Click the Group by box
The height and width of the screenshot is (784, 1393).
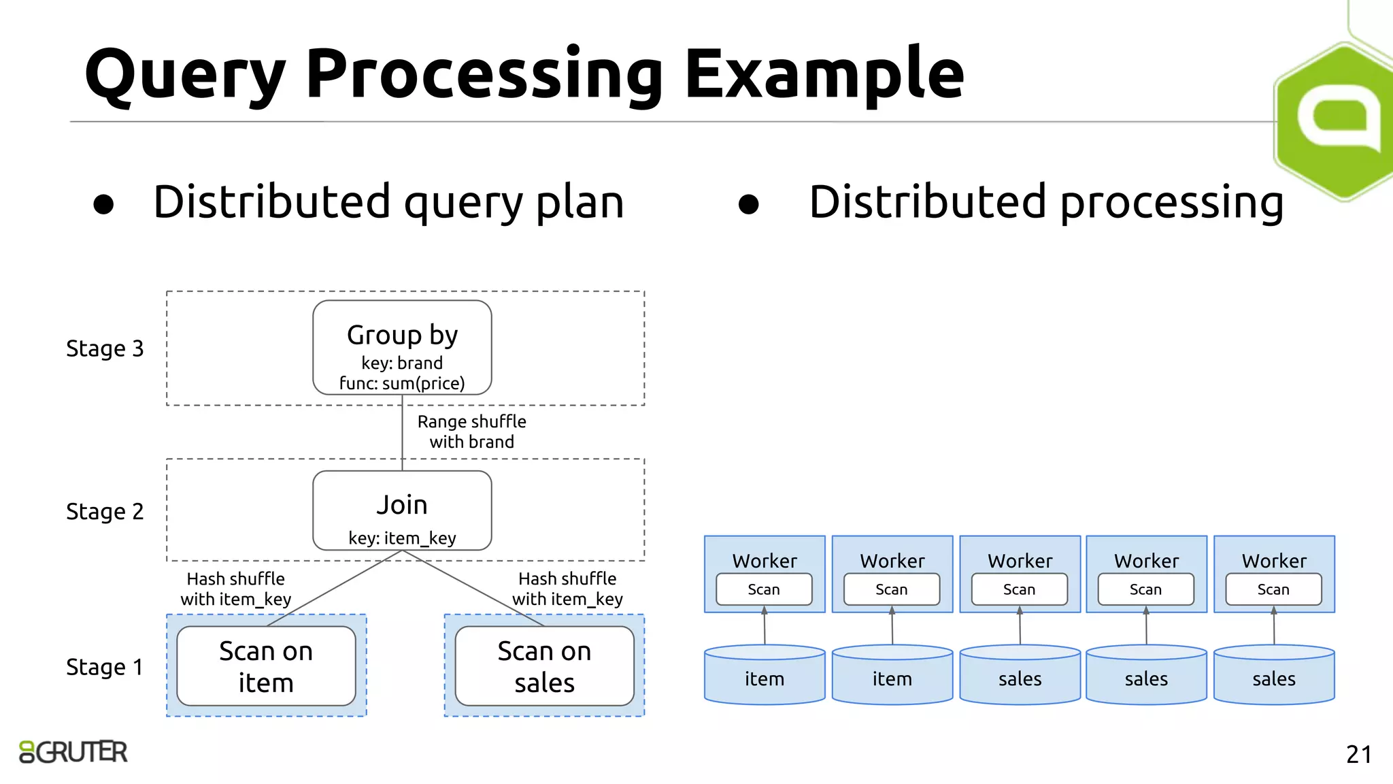402,347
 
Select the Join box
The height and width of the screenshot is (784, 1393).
402,510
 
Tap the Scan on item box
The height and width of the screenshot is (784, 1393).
266,666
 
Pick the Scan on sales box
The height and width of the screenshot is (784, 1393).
544,666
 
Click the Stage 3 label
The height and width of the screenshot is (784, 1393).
105,348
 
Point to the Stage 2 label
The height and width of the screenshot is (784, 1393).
105,511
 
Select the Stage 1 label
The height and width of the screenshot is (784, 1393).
105,667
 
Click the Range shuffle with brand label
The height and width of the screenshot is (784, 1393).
471,431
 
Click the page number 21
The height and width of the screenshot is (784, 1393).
1358,754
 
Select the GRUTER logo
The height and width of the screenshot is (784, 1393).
73,752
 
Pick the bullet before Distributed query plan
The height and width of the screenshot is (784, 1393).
103,204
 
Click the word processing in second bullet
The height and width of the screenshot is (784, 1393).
1171,203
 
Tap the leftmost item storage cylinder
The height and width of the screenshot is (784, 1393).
765,675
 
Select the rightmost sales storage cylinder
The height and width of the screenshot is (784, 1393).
1273,675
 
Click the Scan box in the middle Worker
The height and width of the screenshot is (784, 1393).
1019,589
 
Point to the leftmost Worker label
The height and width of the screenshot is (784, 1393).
765,561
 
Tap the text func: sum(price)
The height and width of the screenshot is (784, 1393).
402,383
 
